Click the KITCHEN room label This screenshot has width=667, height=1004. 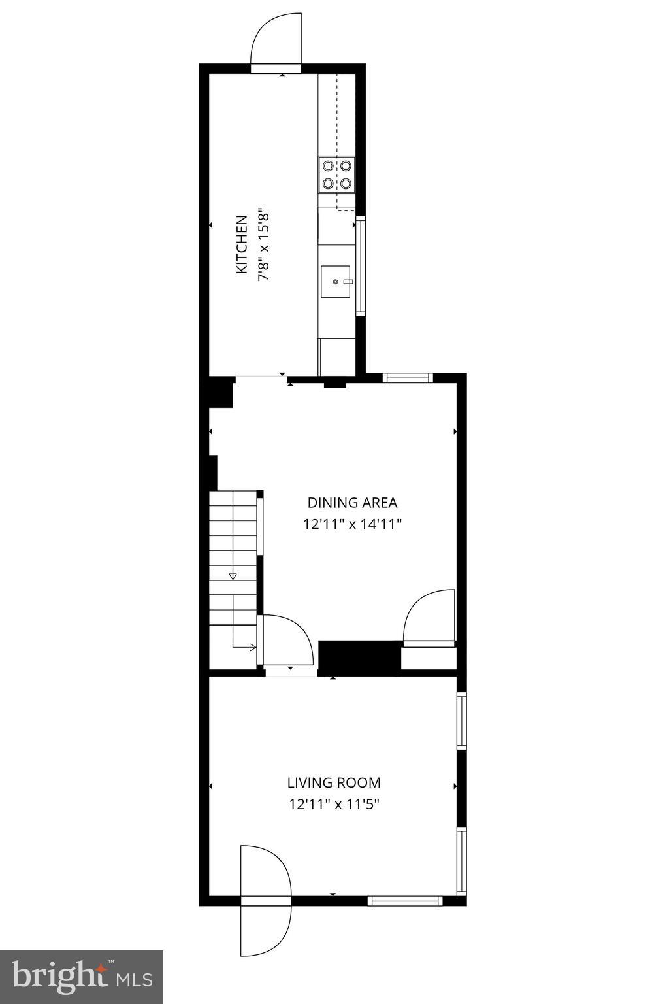tap(241, 244)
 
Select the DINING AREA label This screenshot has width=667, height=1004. tap(352, 503)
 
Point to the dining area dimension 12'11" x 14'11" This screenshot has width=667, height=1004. tap(352, 524)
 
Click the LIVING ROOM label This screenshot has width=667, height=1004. tap(334, 782)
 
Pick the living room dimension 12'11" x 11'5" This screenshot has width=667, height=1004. tap(334, 804)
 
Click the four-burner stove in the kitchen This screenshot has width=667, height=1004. tap(337, 175)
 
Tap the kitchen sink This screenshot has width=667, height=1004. tap(336, 282)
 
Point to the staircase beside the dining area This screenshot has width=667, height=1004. tap(233, 575)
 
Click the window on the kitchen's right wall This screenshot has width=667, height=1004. tap(360, 266)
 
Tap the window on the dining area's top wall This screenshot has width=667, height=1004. tap(408, 377)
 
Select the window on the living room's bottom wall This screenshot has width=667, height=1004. tap(405, 901)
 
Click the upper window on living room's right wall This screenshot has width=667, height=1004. tap(461, 720)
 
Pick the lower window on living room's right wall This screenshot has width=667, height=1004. tap(461, 860)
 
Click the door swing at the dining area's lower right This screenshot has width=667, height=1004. tap(430, 618)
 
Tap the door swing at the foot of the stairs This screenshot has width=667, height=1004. tap(286, 641)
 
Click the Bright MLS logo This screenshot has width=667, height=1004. tap(82, 977)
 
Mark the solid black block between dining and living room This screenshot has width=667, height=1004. tap(359, 658)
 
